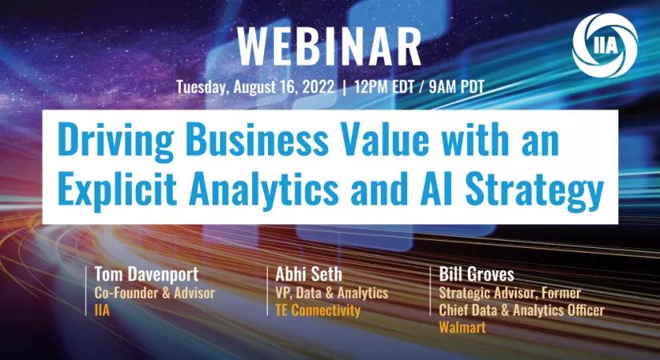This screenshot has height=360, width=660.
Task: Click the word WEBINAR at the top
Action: [329, 46]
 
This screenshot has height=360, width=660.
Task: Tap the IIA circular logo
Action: [605, 46]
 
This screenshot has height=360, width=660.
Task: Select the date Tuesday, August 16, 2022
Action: [255, 87]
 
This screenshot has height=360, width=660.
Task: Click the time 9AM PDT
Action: [457, 86]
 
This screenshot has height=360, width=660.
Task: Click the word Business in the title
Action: [257, 139]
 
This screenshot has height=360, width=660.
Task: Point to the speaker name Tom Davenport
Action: [146, 274]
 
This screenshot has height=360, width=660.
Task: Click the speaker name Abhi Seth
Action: [309, 274]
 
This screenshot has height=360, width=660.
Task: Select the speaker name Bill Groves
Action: [477, 274]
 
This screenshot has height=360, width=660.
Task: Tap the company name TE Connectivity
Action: [318, 310]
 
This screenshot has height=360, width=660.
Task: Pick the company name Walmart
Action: [462, 327]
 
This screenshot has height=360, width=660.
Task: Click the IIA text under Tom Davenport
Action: [102, 310]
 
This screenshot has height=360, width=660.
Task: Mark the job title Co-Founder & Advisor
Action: [154, 293]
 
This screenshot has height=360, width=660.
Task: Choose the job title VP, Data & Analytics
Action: [332, 293]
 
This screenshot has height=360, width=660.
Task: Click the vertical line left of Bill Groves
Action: [430, 290]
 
